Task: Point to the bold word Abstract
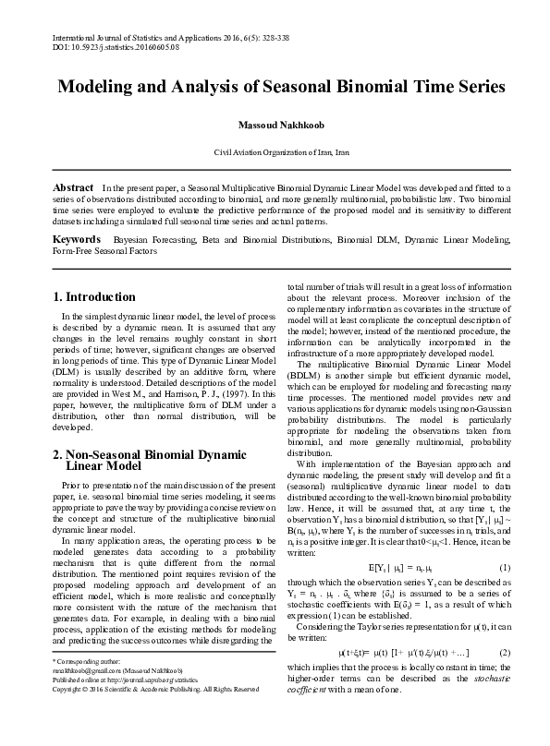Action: coord(74,186)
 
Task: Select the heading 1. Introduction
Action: coord(94,297)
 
